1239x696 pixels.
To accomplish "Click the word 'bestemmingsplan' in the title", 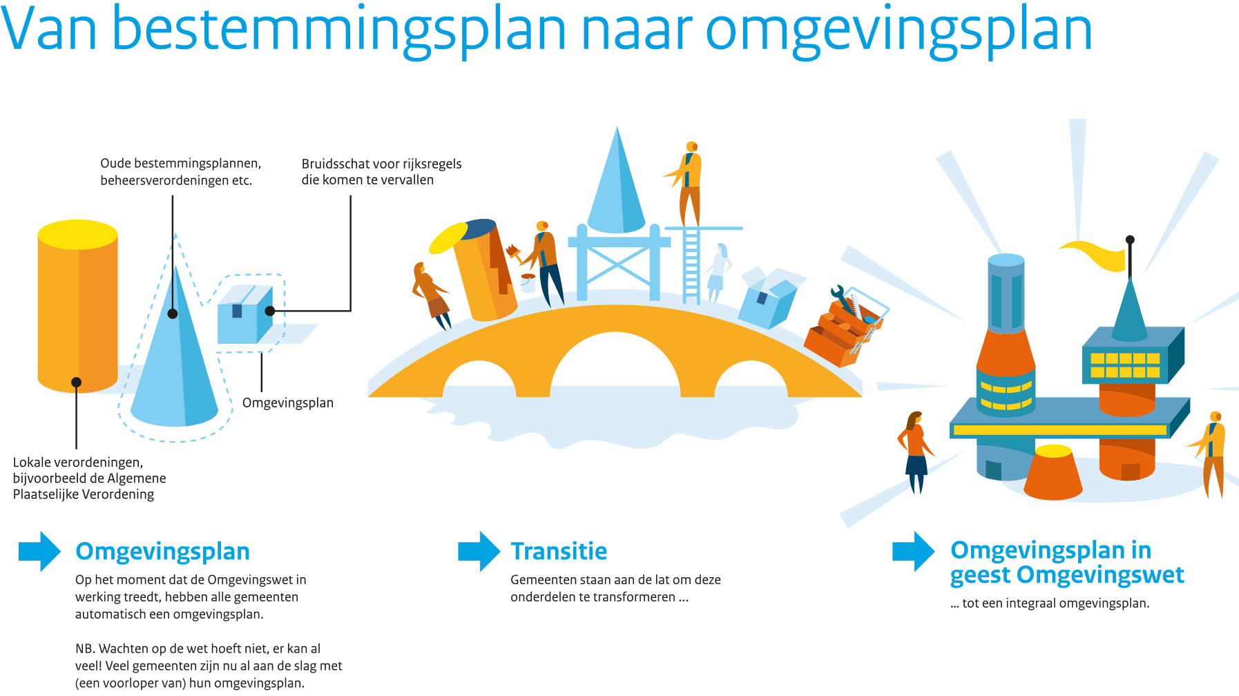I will pos(338,31).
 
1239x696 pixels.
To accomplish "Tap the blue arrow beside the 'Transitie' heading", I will pos(479,551).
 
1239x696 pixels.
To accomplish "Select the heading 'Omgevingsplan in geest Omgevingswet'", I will pos(1066,562).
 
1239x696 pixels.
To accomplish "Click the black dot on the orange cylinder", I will pos(76,382).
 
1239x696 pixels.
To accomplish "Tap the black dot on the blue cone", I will pos(173,313).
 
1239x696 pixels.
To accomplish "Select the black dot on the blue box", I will pos(270,311).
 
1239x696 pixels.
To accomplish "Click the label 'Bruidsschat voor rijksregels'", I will pos(381,164).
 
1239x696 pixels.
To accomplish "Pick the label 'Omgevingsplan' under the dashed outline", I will pos(288,403).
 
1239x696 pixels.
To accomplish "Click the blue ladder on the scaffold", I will pos(691,266).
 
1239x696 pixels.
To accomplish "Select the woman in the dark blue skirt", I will pos(916,452).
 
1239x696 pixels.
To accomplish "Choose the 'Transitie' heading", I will pos(559,551).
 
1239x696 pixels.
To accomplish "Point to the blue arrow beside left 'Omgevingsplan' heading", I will pos(39,551).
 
